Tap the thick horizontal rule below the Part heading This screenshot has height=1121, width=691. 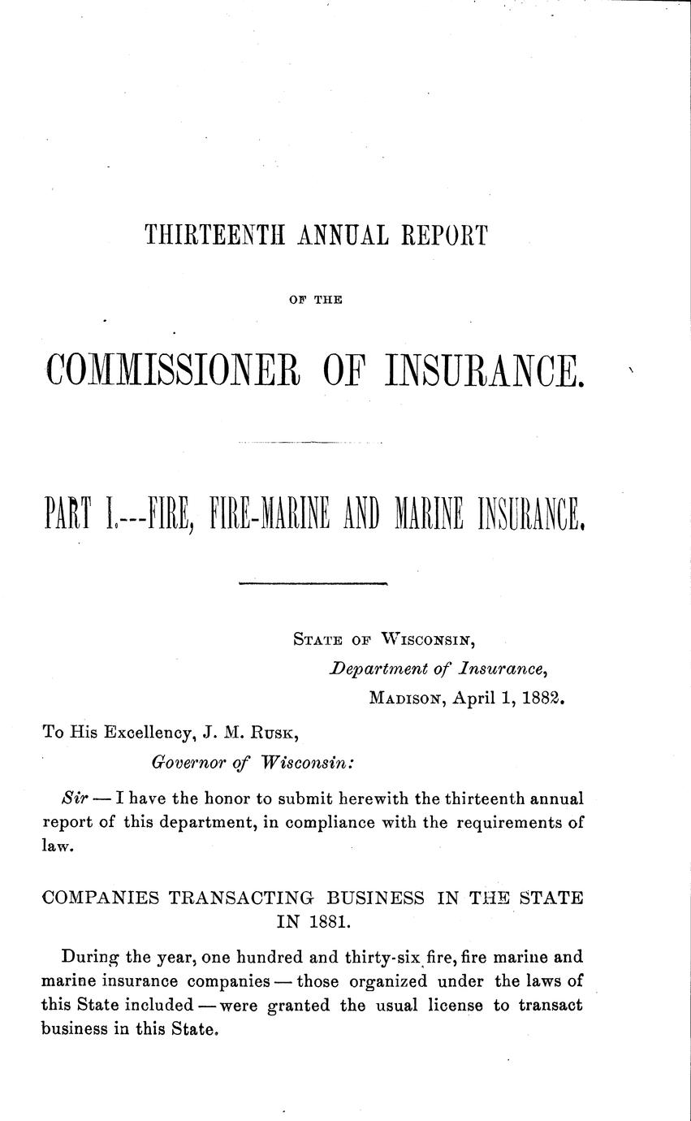click(x=313, y=582)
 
